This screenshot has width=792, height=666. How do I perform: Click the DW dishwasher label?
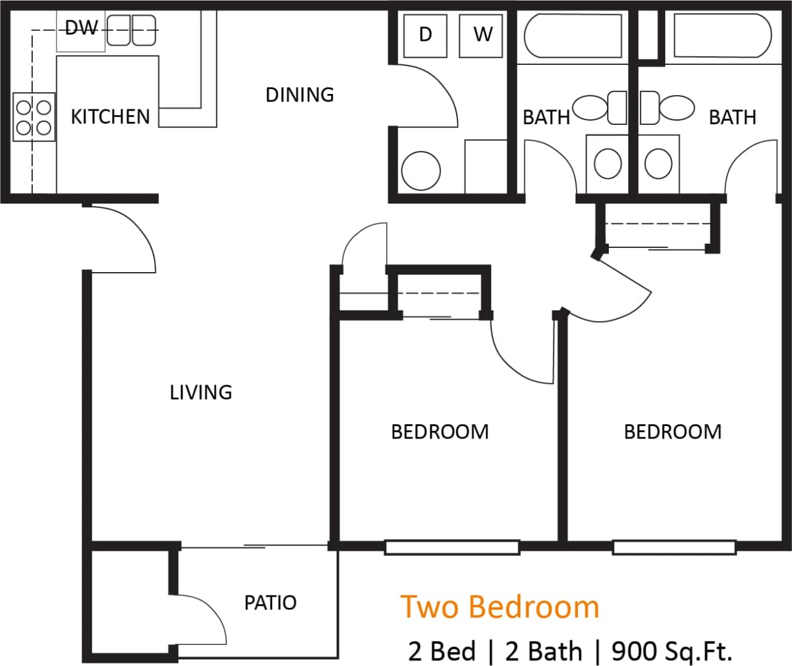click(x=81, y=28)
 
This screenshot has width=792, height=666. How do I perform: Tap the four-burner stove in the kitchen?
click(x=34, y=117)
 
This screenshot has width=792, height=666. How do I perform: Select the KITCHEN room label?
click(x=110, y=116)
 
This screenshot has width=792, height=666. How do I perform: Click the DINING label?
click(x=299, y=95)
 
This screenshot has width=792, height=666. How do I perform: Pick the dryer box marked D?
click(x=425, y=35)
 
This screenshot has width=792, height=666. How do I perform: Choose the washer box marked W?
click(x=482, y=35)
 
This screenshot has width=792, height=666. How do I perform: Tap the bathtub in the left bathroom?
click(x=572, y=36)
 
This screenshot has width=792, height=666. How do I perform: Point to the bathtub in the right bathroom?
click(x=722, y=36)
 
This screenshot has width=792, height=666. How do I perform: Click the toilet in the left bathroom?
click(x=599, y=108)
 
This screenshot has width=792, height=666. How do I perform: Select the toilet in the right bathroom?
click(x=668, y=108)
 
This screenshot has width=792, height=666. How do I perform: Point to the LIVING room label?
click(x=201, y=392)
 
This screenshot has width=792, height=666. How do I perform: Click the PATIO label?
click(x=270, y=602)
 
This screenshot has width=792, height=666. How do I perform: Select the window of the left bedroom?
click(x=452, y=547)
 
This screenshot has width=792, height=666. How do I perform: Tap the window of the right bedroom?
click(x=674, y=547)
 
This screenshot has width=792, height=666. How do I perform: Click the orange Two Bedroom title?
click(x=500, y=607)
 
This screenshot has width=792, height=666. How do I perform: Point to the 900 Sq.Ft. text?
click(x=672, y=651)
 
